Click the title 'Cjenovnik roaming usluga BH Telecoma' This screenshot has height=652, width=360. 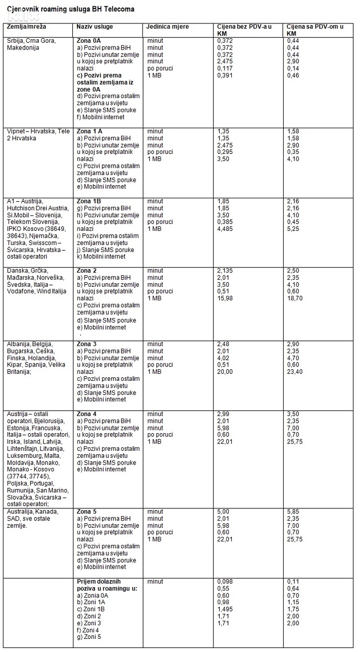71,10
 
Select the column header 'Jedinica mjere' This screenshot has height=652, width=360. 167,27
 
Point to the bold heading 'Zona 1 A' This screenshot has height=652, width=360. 89,131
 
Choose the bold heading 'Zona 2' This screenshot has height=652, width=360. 87,270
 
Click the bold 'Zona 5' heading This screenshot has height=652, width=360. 87,512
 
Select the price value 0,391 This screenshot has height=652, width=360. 225,75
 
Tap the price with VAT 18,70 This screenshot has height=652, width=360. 294,298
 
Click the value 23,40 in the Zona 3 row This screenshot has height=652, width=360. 294,372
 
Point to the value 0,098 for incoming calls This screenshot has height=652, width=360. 225,581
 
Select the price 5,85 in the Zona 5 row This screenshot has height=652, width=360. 293,512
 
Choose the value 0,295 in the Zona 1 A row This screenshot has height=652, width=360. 225,152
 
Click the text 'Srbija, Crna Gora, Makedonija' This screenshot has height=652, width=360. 32,44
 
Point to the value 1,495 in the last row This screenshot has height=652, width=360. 225,609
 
